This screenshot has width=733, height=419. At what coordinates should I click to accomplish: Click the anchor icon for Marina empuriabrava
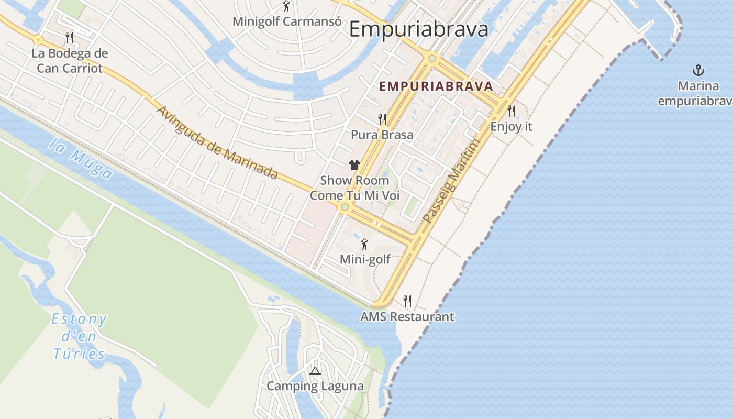697,70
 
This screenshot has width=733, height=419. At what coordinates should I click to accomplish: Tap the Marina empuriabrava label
695,93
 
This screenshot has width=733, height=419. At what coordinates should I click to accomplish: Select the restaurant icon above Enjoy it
512,111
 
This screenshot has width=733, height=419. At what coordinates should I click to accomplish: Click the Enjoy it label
511,126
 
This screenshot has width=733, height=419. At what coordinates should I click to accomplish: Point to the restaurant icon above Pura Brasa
382,119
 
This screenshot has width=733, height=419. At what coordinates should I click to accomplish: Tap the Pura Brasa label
382,135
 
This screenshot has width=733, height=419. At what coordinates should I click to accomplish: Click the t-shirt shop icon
354,165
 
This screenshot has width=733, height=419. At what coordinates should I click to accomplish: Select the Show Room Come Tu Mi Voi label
354,188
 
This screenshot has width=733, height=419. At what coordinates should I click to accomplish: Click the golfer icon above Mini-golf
365,244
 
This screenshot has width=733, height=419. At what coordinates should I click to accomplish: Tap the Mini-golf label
365,259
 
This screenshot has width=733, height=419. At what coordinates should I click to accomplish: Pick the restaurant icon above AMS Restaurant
407,301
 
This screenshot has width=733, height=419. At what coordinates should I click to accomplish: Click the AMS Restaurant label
407,317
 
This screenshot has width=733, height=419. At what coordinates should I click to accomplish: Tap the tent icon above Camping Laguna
315,371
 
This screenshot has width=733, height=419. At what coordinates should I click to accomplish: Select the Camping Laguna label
315,387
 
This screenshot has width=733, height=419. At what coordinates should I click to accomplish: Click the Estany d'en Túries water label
80,336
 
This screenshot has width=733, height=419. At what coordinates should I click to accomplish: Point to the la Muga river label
81,158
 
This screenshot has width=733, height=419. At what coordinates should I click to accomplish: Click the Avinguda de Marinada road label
217,143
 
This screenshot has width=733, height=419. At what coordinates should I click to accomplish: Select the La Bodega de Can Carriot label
70,60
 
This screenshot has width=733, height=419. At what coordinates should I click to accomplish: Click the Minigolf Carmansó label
287,21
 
